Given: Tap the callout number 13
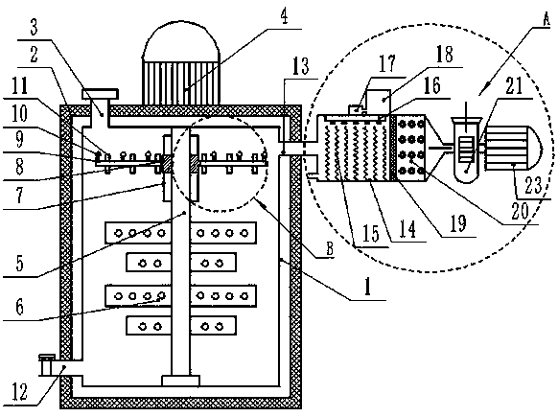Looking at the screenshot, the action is pyautogui.click(x=300, y=66).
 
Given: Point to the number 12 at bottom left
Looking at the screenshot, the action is pyautogui.click(x=20, y=391).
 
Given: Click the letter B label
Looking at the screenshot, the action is pyautogui.click(x=330, y=248).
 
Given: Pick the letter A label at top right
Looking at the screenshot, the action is pyautogui.click(x=546, y=18).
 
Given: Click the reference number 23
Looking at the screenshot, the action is pyautogui.click(x=533, y=185).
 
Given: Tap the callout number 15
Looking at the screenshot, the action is pyautogui.click(x=370, y=234).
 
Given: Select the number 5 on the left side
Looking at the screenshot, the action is pyautogui.click(x=20, y=263).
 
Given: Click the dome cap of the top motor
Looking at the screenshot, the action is pyautogui.click(x=181, y=40).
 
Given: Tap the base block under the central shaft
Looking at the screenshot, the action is pyautogui.click(x=180, y=381).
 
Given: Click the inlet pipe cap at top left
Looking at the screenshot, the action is pyautogui.click(x=100, y=94).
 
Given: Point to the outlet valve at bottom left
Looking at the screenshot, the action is pyautogui.click(x=46, y=364).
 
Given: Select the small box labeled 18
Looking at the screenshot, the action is pyautogui.click(x=379, y=101).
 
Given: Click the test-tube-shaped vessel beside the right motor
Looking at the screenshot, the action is pyautogui.click(x=466, y=150).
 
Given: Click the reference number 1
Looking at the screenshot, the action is pyautogui.click(x=368, y=287).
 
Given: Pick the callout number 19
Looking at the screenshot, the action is pyautogui.click(x=458, y=223).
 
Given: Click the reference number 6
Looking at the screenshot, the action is pyautogui.click(x=20, y=307).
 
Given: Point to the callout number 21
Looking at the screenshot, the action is pyautogui.click(x=514, y=85).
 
